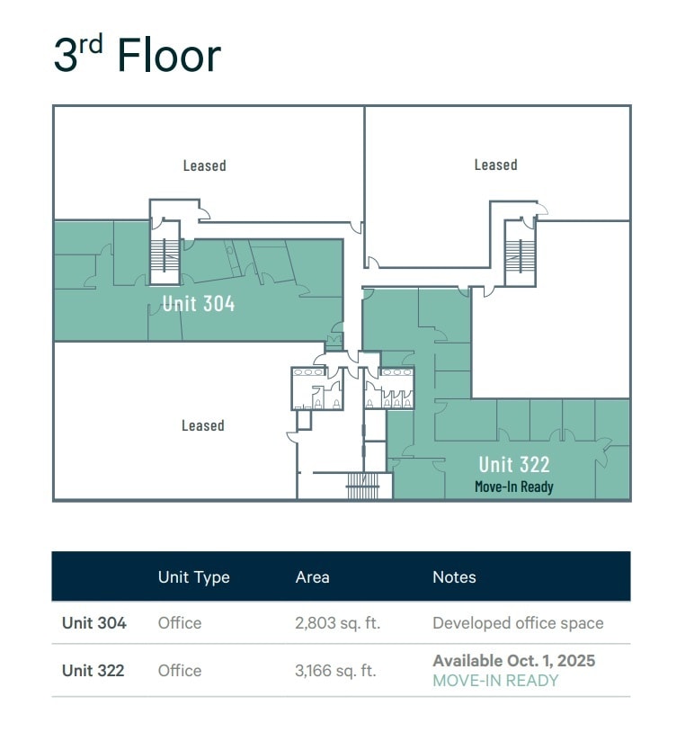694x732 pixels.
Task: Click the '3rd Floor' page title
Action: coord(137,56)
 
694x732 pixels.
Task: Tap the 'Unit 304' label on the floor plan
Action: coord(199,303)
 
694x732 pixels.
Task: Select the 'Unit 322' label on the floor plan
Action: coord(514,464)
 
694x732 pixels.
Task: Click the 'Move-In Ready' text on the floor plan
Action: coord(514,487)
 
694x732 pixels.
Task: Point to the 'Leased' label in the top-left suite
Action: coord(204,165)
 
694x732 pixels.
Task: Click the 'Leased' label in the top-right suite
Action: coord(495,165)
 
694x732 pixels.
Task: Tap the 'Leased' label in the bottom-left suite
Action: coord(202,425)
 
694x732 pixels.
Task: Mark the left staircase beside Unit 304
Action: coord(165,254)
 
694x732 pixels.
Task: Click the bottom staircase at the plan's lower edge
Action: coord(363,488)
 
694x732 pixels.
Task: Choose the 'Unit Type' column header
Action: coord(193,577)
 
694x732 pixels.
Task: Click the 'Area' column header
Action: coord(312,577)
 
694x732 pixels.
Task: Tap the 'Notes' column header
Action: coord(454,577)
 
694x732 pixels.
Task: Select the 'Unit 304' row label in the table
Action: coord(93,623)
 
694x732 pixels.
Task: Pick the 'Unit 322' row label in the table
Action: coord(93,671)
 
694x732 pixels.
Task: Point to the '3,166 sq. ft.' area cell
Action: coord(335,671)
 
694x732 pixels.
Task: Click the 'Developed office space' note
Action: coord(518,623)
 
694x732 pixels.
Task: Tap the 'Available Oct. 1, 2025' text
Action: coord(513,661)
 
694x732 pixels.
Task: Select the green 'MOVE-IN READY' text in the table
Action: coord(495,681)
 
